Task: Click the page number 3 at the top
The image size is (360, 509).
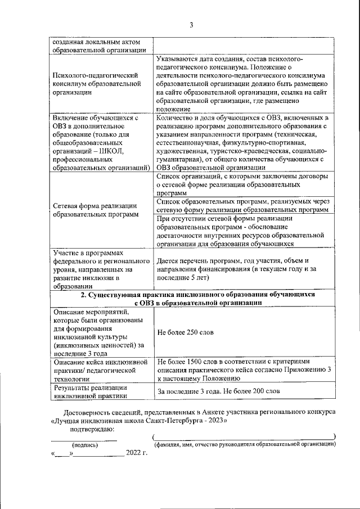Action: tap(191, 24)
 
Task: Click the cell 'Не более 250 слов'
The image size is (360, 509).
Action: tap(186, 332)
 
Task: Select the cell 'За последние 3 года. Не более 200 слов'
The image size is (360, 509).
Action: tap(218, 391)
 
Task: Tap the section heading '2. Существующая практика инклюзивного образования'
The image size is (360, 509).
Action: tap(196, 298)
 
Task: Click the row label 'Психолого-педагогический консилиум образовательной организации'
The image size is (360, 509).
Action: tap(96, 84)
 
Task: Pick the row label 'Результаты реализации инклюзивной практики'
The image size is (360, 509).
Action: tap(90, 391)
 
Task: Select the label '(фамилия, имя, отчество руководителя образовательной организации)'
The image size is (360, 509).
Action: tap(245, 444)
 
